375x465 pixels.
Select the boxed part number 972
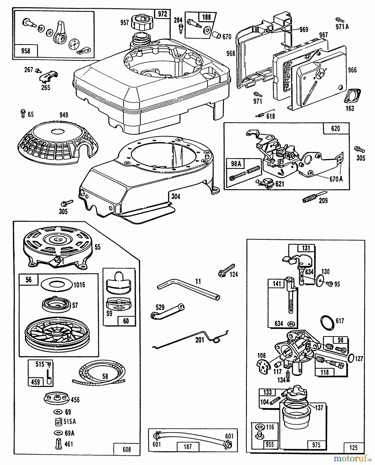pyautogui.click(x=162, y=14)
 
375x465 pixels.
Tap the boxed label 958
pyautogui.click(x=26, y=51)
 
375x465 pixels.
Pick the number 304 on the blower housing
pyautogui.click(x=176, y=197)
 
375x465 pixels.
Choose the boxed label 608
pyautogui.click(x=127, y=450)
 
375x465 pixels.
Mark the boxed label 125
pyautogui.click(x=354, y=447)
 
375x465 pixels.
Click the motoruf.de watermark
pyautogui.click(x=353, y=458)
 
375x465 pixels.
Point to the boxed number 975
pyautogui.click(x=316, y=445)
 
